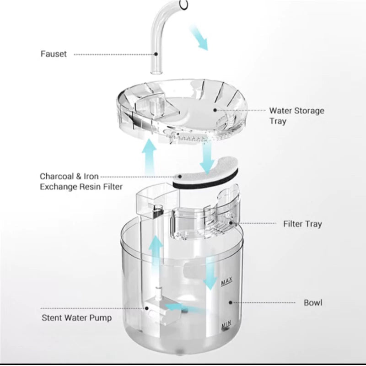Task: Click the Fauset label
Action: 53,54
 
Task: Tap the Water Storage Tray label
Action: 296,116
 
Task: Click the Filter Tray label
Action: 302,224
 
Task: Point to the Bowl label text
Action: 313,302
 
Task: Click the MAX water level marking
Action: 225,283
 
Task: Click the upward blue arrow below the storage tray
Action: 149,156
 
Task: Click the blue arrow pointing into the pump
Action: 183,309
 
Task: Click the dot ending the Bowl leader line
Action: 231,302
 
